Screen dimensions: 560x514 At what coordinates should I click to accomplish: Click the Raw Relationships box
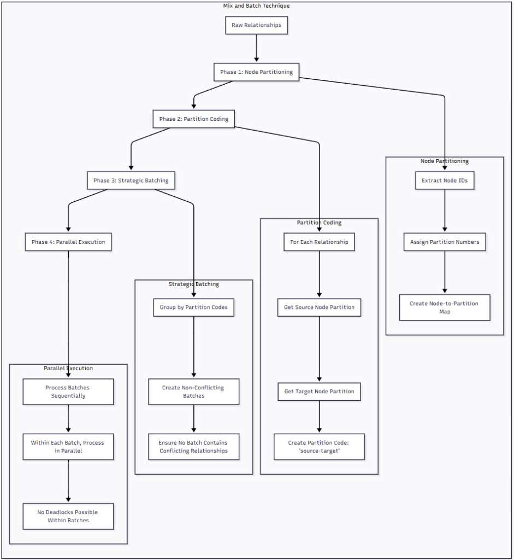256,25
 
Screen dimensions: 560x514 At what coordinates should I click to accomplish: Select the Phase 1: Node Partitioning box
256,72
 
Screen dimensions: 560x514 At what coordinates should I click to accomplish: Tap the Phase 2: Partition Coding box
193,119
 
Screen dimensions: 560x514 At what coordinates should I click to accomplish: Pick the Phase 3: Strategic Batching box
131,180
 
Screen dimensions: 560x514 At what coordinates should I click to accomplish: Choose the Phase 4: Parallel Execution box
68,242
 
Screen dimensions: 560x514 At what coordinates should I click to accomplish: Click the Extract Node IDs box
444,180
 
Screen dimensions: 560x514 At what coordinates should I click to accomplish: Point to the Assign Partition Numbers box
444,242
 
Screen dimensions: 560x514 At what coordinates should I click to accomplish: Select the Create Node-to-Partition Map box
444,307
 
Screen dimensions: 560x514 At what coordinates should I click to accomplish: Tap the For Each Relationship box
319,242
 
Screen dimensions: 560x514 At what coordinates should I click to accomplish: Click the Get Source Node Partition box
319,307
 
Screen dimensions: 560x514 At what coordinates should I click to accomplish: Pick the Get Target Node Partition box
319,391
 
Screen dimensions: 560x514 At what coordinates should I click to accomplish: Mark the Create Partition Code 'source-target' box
319,447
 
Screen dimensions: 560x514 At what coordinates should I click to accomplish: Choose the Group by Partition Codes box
193,307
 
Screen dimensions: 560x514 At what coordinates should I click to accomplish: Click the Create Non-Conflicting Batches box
193,392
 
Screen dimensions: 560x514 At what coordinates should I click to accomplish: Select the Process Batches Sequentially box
68,392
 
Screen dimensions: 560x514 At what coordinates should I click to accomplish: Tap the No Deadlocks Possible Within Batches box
68,516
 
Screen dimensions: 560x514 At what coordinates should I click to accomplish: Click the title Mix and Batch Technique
256,5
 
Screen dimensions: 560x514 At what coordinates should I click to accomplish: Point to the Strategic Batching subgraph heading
193,284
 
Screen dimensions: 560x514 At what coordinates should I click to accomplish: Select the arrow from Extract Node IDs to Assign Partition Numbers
444,211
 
